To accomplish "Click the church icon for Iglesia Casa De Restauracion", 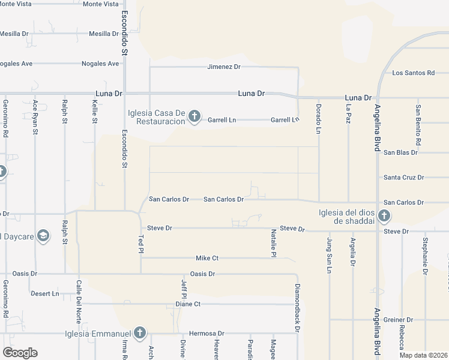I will pos(194,116).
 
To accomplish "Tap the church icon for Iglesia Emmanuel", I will pos(139,332).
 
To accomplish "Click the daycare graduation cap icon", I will pos(43,236).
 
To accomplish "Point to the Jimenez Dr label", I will pos(224,67).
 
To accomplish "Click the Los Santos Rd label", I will pos(413,73).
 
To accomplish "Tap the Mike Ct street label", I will pos(207,258).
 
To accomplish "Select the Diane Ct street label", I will pos(187,304).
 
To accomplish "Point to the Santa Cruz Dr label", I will pos(404,178).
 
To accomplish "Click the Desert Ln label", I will pos(47,294).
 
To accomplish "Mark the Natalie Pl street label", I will pos(273,243).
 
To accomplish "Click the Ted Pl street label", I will pos(142,244).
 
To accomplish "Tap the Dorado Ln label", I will pos(319,114).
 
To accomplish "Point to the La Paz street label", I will pos(348,114).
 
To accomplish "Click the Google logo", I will pos(20,353).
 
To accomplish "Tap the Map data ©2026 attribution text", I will pos(423,355).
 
